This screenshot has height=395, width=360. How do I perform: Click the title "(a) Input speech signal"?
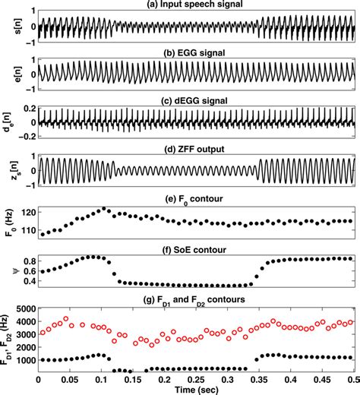pyautogui.click(x=196, y=5)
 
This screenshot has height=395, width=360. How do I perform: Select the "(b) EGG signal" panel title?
pyautogui.click(x=196, y=53)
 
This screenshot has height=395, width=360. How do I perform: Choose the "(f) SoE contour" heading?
pyautogui.click(x=196, y=247)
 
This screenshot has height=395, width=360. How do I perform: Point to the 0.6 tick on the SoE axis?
pyautogui.click(x=26, y=271)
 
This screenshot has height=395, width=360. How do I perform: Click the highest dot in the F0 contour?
pyautogui.click(x=104, y=208)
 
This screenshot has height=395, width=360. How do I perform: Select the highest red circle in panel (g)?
pyautogui.click(x=66, y=319)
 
